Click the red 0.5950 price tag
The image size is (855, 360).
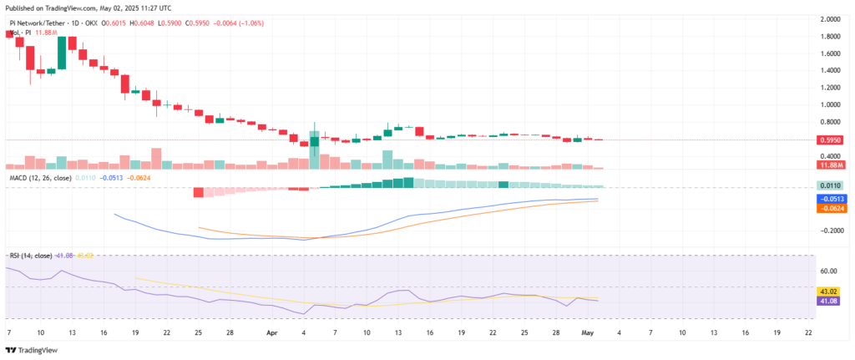[x=831, y=141]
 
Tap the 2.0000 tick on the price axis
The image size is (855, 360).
[x=831, y=18]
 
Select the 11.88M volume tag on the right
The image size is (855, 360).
[x=831, y=165]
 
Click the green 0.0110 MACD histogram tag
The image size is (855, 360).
[x=831, y=185]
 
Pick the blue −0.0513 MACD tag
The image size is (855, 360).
[x=831, y=199]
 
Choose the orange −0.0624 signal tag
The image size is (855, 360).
[x=831, y=208]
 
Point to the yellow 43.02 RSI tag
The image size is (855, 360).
[x=831, y=290]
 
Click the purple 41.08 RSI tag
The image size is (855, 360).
[x=831, y=299]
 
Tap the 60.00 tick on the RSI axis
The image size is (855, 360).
[x=829, y=271]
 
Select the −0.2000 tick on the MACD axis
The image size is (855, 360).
[x=829, y=231]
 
